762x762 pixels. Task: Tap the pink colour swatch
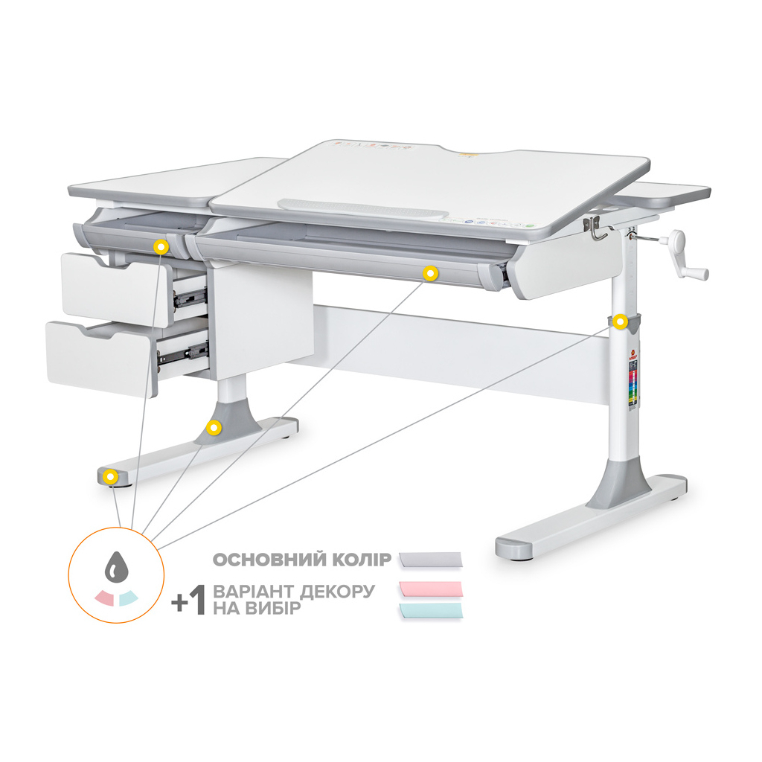(431, 589)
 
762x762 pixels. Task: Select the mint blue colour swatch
(431, 610)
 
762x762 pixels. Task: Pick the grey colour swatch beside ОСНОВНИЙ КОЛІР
(431, 559)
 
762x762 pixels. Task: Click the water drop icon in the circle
(115, 569)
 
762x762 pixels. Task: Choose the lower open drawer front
(100, 357)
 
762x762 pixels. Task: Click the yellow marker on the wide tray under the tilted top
(429, 274)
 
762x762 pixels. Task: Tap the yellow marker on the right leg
(620, 321)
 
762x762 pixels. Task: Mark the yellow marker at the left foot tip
(110, 477)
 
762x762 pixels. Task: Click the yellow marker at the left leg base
(214, 427)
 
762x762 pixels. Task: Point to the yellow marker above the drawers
(159, 246)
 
